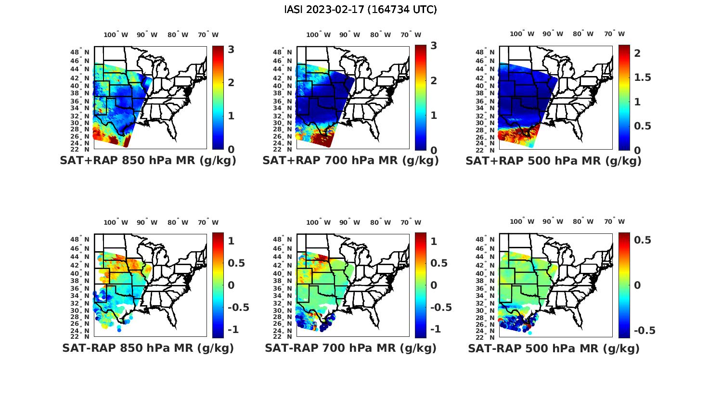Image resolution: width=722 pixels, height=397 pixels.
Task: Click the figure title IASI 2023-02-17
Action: pos(361,10)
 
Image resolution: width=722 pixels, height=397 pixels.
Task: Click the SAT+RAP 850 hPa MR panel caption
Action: pos(148,161)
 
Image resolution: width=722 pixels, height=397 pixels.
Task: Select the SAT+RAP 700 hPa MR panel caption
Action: pos(350,161)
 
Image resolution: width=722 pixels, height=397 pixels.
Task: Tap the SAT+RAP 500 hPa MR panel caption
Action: pos(554,161)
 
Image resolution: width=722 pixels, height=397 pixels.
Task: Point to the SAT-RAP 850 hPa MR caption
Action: pos(148,348)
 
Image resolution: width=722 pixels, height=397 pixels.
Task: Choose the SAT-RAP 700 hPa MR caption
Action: pos(350,348)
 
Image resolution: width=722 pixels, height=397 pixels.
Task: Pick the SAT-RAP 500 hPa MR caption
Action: pos(554,348)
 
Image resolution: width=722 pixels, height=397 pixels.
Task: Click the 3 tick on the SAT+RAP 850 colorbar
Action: pos(231,49)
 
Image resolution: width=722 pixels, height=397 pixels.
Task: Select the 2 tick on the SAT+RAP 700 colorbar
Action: pos(434,80)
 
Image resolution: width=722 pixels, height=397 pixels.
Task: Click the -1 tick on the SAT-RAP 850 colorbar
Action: pos(233,329)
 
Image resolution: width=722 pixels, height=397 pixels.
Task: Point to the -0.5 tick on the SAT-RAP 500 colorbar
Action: pos(645,330)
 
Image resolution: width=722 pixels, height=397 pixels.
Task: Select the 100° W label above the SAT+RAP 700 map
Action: pos(318,35)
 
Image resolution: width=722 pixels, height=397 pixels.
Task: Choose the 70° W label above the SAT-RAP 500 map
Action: pos(614,222)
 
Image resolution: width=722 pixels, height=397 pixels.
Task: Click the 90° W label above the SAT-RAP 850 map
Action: pos(147,222)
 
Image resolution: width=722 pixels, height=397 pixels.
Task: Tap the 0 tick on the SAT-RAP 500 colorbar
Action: pos(637,285)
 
